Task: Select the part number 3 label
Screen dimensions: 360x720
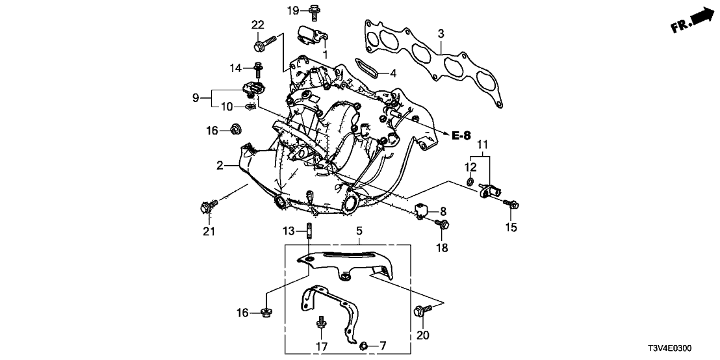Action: coord(441,33)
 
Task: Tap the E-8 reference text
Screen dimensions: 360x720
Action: coord(461,134)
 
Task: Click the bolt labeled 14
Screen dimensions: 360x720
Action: coord(259,67)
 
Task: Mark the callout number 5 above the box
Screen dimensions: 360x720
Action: coord(357,230)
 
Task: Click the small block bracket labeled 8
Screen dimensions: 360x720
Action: coord(421,209)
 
